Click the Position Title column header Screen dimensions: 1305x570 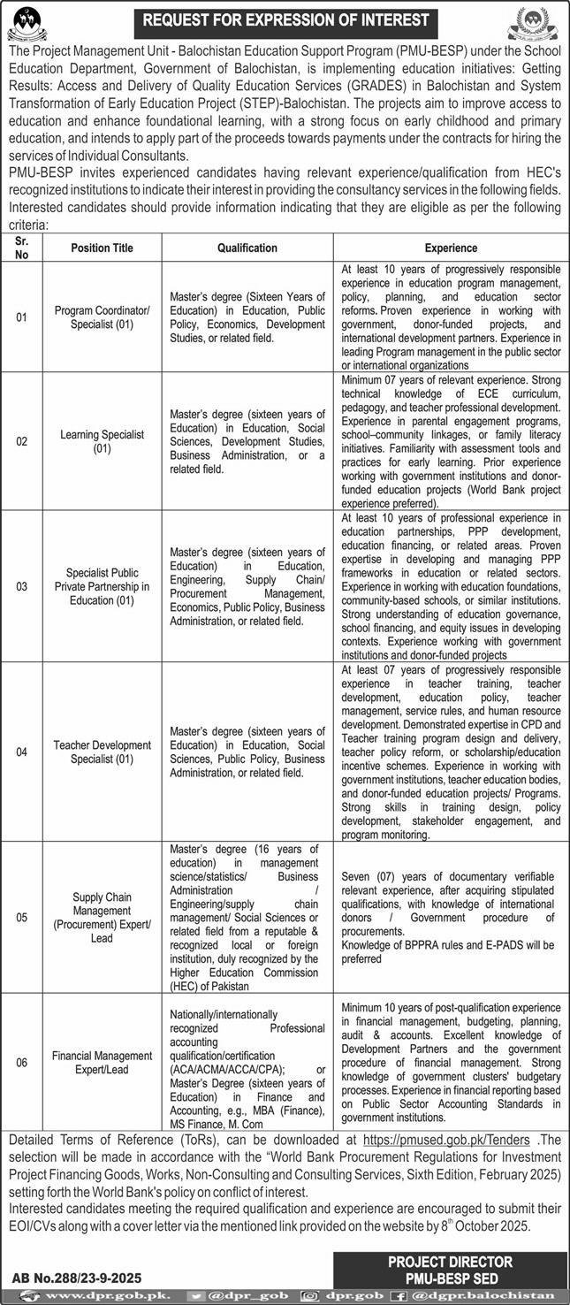[x=102, y=248]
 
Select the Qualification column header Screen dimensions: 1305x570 [x=247, y=248]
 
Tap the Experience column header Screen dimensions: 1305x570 [x=450, y=248]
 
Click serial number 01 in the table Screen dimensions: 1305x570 [x=21, y=317]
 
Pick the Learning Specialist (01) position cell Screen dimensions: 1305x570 [x=102, y=441]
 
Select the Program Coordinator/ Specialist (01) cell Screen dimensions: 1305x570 [x=102, y=317]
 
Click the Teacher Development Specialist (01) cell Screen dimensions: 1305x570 [x=102, y=752]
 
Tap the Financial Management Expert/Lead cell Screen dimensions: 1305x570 [x=102, y=1062]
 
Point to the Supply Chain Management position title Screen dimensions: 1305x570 [x=102, y=917]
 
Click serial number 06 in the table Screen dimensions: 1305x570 [x=21, y=1062]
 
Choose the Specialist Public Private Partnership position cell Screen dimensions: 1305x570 [x=102, y=585]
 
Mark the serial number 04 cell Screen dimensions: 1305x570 [x=21, y=752]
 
